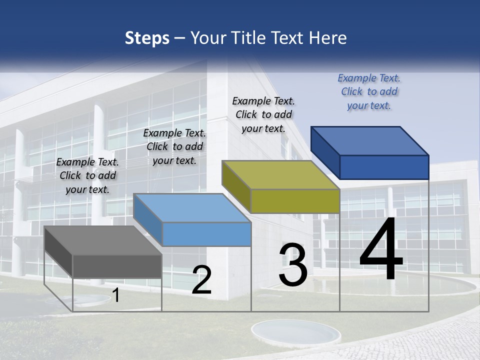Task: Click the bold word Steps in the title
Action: point(146,38)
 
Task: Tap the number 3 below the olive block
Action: point(293,265)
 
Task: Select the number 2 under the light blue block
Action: point(201,280)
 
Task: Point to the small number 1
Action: point(116,295)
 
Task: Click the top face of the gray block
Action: point(102,240)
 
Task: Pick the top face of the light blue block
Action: point(192,208)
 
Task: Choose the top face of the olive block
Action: point(280,175)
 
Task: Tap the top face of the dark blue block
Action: point(369,140)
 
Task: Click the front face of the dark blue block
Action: point(384,167)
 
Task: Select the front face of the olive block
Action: point(295,201)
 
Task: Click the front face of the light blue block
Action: point(206,234)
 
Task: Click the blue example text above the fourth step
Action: point(369,91)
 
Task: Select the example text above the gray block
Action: point(87,175)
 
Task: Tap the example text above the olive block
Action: point(263,114)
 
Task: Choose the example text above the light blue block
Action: point(174,146)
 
